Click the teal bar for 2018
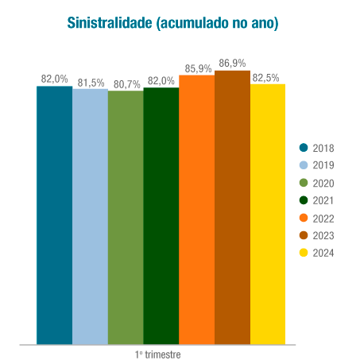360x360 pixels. (x=54, y=215)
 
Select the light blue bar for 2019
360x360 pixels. (x=90, y=216)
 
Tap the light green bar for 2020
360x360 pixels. (x=126, y=217)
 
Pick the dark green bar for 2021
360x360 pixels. (x=161, y=215)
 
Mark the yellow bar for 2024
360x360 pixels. (x=268, y=214)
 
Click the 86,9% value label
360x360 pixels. (x=232, y=64)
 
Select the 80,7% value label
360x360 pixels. (x=126, y=83)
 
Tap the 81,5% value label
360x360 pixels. (x=90, y=82)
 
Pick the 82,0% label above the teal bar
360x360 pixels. (x=54, y=79)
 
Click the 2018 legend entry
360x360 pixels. (x=317, y=148)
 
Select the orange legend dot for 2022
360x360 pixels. (x=304, y=218)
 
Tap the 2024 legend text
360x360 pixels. (x=323, y=253)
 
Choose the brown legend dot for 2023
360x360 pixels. (x=304, y=235)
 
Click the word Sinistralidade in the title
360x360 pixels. (x=110, y=24)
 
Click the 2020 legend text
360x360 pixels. (x=323, y=183)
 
